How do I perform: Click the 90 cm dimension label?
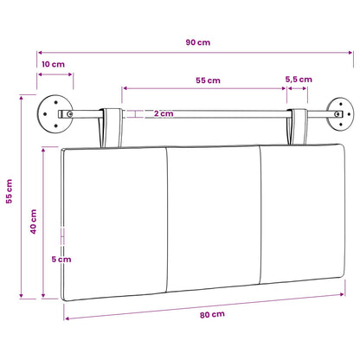tap(198, 42)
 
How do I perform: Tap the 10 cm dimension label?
tap(53, 64)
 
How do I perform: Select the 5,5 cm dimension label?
tap(299, 80)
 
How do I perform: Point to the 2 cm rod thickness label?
tap(164, 113)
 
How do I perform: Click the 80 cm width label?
tap(212, 314)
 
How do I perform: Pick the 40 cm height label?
tap(34, 222)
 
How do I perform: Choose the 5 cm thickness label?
tap(61, 260)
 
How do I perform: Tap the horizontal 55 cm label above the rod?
tap(208, 80)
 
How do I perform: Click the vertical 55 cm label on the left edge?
tap(9, 191)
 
